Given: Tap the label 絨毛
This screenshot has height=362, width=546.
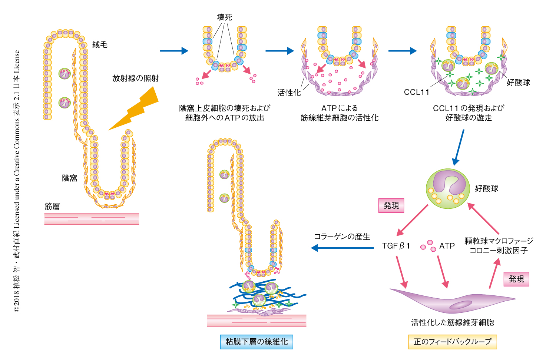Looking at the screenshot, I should tap(100, 45).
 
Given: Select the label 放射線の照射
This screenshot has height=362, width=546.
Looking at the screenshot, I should tap(135, 78).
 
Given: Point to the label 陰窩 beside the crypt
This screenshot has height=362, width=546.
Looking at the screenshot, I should tap(70, 178).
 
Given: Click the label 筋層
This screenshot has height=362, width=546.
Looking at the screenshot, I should tap(52, 206).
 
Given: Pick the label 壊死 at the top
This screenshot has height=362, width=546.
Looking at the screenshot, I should tap(224, 17).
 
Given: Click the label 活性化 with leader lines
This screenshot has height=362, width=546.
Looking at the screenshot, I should tap(289, 93).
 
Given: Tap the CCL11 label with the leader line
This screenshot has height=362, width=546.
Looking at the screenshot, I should tap(416, 92).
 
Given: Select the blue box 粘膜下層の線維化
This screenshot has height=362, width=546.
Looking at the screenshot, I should tap(257, 342).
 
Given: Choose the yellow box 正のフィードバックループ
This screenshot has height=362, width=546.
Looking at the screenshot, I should tap(452, 342).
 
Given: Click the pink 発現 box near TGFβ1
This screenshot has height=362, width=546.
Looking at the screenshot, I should tap(391, 205).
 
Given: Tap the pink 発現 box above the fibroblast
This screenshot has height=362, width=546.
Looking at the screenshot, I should tap(516, 279).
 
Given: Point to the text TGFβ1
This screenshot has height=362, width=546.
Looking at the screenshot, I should tap(396, 246).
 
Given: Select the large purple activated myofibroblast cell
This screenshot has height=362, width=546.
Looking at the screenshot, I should tap(452, 300).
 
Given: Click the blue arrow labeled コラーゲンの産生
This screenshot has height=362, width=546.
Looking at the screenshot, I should tap(343, 248).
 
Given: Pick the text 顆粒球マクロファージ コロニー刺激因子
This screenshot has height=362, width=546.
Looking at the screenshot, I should tap(499, 245).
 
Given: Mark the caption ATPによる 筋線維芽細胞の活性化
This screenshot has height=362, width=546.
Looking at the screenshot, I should tap(339, 113).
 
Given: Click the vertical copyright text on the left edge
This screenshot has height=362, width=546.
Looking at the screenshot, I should tap(17, 181).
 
